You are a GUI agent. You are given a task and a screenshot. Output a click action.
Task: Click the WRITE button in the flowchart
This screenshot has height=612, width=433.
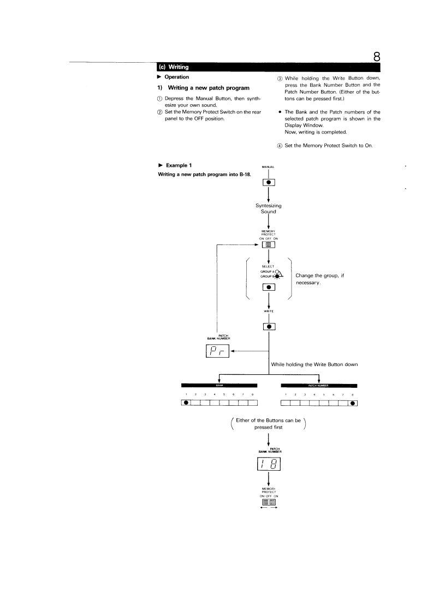tap(269, 327)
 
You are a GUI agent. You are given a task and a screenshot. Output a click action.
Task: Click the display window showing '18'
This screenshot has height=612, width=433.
tap(268, 465)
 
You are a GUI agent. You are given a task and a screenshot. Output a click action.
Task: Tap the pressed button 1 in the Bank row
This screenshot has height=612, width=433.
tap(186, 403)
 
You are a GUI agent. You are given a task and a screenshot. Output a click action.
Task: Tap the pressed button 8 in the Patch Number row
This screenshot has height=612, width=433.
tap(353, 403)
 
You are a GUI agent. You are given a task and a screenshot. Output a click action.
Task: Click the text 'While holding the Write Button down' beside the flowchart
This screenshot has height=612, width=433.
tap(314, 364)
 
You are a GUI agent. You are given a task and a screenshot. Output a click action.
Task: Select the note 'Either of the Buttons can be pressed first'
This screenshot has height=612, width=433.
tap(268, 424)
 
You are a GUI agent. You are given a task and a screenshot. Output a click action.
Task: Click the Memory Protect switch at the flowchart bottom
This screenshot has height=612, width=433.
tap(269, 502)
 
